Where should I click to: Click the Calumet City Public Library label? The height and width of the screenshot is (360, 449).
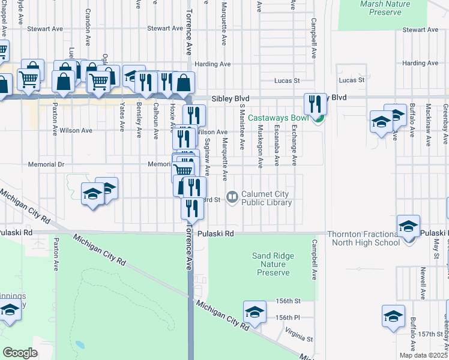click(x=266, y=198)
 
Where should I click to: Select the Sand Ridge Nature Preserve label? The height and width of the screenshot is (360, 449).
click(x=273, y=264)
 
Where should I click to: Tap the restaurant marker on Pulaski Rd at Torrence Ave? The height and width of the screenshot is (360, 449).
click(x=191, y=208)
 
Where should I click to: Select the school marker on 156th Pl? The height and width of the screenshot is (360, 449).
click(x=255, y=312)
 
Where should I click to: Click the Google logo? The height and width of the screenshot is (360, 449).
click(x=20, y=352)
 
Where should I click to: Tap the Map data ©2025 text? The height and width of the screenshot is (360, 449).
click(x=423, y=355)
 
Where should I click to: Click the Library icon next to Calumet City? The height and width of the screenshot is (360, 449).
click(x=232, y=196)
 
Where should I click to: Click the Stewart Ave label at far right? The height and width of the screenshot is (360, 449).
click(x=421, y=29)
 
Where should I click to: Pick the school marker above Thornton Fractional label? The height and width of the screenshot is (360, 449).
click(x=408, y=226)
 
